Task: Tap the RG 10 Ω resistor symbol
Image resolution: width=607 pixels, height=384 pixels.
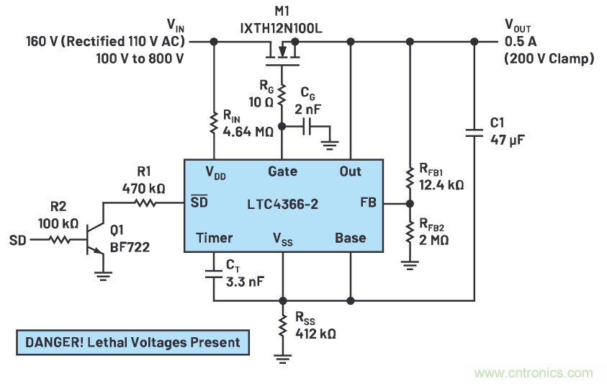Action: click(x=282, y=94)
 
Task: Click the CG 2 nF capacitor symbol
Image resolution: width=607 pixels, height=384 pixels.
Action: click(x=308, y=127)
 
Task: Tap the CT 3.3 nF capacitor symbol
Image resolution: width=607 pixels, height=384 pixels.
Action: click(x=214, y=274)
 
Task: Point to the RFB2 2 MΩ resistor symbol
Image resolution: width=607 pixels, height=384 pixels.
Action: click(x=409, y=232)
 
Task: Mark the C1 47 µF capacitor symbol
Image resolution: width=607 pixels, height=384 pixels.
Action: click(x=474, y=133)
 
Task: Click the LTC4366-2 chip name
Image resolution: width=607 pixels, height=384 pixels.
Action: click(x=282, y=205)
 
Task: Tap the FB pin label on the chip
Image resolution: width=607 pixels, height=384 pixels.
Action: click(x=368, y=204)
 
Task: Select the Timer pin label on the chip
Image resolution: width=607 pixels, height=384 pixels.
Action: click(x=214, y=238)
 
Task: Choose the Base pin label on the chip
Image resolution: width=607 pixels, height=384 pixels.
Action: click(x=350, y=238)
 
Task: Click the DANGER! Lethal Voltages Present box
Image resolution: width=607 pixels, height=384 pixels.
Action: click(x=133, y=341)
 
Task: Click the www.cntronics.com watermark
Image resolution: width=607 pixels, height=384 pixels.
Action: click(x=534, y=372)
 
